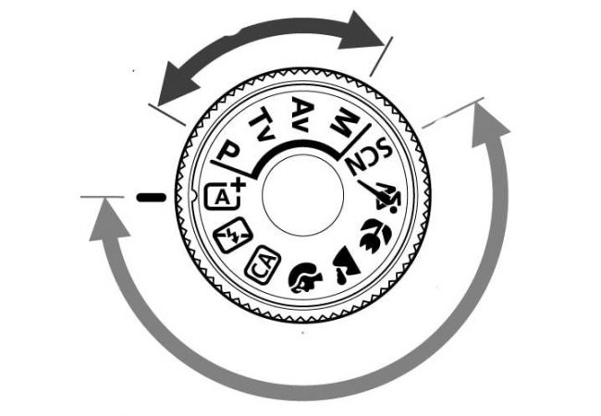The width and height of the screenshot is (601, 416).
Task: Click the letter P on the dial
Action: (228, 151)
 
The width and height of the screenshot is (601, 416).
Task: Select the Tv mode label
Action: (263, 123)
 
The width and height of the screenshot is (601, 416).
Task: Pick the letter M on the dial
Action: (344, 122)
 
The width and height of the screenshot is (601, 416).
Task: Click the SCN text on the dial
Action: (369, 156)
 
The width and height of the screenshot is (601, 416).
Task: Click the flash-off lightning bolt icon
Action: (233, 235)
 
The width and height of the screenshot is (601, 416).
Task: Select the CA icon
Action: (263, 264)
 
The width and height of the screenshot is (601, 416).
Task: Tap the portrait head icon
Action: (305, 277)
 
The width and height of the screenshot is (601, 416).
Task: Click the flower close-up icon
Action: (375, 235)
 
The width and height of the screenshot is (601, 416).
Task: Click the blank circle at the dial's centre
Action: (302, 195)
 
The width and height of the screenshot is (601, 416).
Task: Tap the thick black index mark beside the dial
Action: (152, 198)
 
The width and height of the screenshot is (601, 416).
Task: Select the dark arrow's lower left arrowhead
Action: (177, 85)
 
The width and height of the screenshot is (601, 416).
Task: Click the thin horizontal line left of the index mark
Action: (103, 197)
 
